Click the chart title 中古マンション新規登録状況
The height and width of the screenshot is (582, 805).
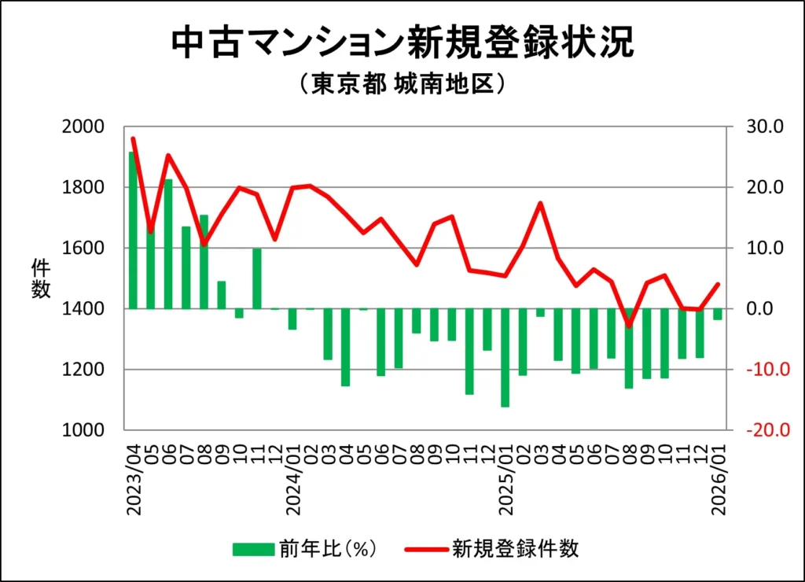click(x=402, y=44)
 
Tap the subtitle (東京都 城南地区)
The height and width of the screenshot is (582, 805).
click(x=402, y=84)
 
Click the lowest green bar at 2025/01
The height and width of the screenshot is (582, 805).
click(x=505, y=357)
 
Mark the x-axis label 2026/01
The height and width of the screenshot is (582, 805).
click(x=718, y=481)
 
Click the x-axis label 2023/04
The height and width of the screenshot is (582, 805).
click(x=134, y=481)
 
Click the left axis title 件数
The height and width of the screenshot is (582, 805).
click(x=41, y=278)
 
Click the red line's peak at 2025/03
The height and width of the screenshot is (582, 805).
click(x=540, y=203)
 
